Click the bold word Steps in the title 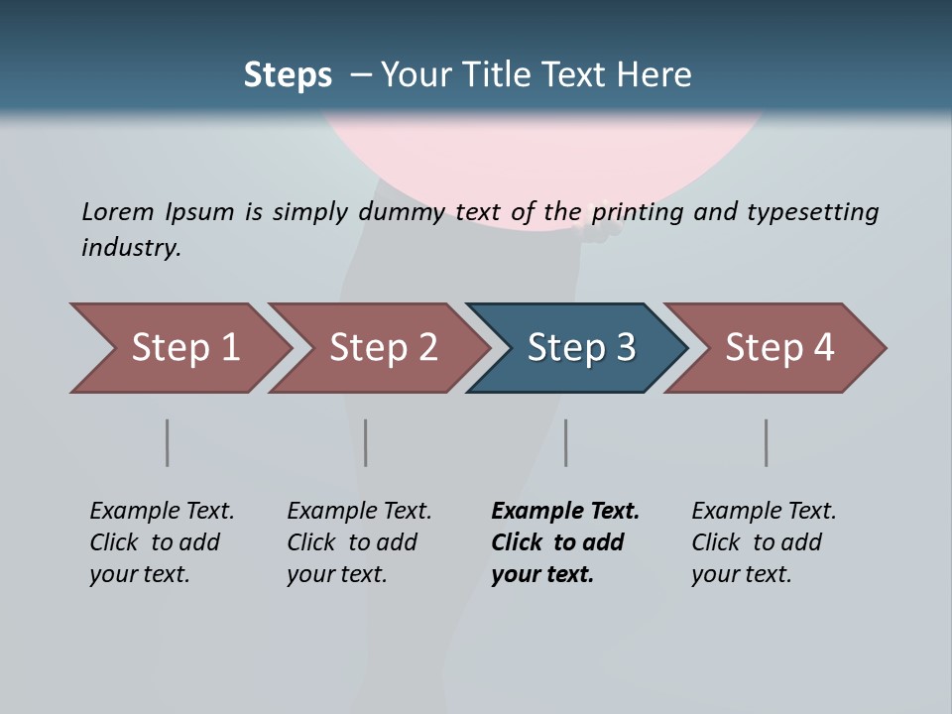pos(288,74)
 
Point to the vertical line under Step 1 pos(168,442)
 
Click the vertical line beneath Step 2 pos(366,442)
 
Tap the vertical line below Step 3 pos(566,442)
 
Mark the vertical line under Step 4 pos(767,442)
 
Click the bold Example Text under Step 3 pos(565,542)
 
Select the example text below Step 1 pos(162,542)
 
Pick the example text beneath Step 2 pos(359,542)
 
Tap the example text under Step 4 pos(764,542)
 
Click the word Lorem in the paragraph pos(118,211)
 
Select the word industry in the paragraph pos(130,247)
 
